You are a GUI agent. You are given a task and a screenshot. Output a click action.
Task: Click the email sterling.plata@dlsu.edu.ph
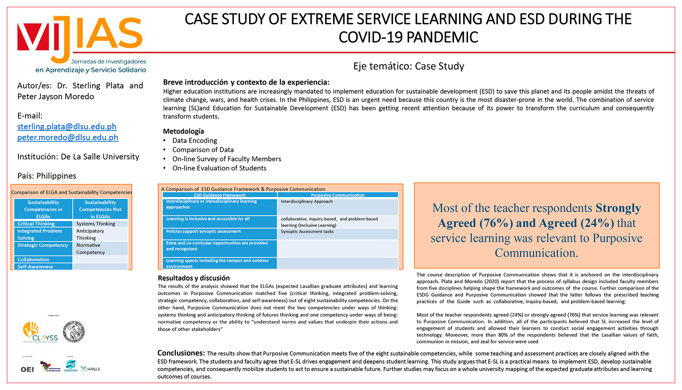pyautogui.click(x=67, y=127)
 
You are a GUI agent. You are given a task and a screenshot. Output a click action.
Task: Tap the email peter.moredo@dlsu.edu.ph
pyautogui.click(x=68, y=138)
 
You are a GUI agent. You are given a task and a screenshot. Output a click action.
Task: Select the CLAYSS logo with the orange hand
pyautogui.click(x=40, y=332)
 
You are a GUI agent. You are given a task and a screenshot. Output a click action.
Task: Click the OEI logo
pyautogui.click(x=27, y=369)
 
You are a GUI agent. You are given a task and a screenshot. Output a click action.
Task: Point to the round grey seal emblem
pyautogui.click(x=74, y=331)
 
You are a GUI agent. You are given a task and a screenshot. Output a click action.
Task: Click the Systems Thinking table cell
pyautogui.click(x=96, y=224)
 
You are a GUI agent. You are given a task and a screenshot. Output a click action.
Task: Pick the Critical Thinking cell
pyautogui.click(x=36, y=224)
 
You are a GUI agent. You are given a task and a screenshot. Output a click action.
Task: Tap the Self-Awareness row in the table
pyautogui.click(x=36, y=267)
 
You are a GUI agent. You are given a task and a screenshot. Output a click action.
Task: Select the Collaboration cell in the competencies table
pyautogui.click(x=33, y=260)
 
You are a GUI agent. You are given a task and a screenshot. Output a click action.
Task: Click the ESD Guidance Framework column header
pyautogui.click(x=220, y=195)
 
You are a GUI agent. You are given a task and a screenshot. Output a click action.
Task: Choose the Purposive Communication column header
pyautogui.click(x=337, y=195)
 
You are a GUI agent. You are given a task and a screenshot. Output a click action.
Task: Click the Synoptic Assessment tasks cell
pyautogui.click(x=307, y=231)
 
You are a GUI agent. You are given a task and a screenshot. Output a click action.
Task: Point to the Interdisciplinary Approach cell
pyautogui.click(x=307, y=201)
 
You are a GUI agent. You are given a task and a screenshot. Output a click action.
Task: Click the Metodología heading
pyautogui.click(x=183, y=131)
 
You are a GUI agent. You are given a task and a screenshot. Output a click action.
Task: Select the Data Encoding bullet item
pyautogui.click(x=195, y=140)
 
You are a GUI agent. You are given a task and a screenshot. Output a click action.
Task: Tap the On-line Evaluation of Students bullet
pyautogui.click(x=219, y=168)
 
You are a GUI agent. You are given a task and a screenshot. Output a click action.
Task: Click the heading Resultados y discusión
pyautogui.click(x=194, y=278)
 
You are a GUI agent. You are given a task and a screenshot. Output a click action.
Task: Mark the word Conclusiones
pyautogui.click(x=181, y=353)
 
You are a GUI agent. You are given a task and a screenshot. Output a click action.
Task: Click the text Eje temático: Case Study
pyautogui.click(x=408, y=66)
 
